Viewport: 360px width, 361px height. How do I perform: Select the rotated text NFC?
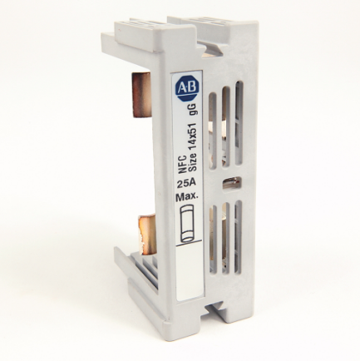click(181, 168)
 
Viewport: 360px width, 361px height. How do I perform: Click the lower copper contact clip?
click(146, 234)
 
